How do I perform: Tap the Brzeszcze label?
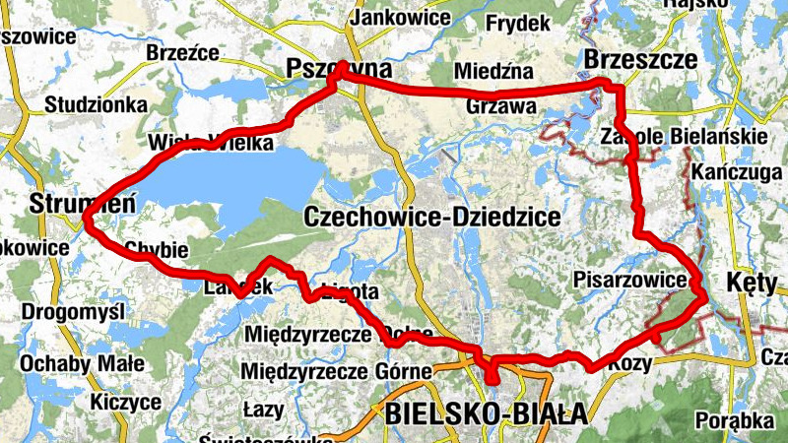[x=640, y=60]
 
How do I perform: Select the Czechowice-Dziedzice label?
[x=432, y=216]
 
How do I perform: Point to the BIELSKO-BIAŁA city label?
[x=487, y=413]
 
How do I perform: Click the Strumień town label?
[x=76, y=205]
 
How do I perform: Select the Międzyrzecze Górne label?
[x=338, y=371]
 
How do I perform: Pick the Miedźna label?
[x=494, y=71]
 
